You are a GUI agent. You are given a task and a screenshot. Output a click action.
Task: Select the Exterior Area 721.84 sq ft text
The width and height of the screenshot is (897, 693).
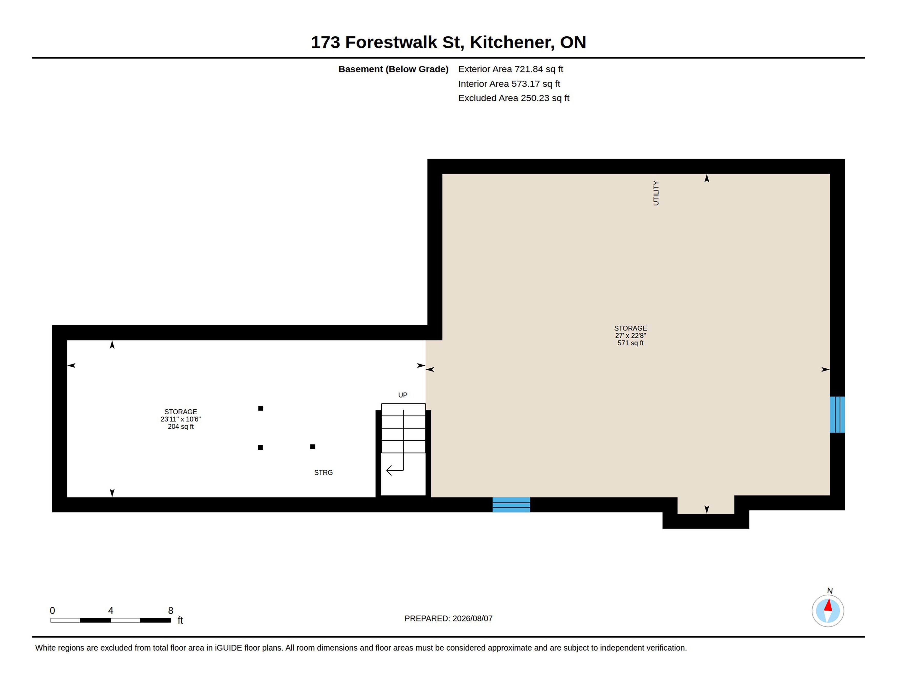point(511,69)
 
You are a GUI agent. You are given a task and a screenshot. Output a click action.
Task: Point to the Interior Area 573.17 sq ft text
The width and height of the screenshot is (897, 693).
point(509,84)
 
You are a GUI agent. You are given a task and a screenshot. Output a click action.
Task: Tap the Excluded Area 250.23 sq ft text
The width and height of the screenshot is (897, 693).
point(514,98)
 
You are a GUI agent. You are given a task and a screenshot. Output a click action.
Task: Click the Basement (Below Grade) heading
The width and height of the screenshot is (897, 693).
point(393,69)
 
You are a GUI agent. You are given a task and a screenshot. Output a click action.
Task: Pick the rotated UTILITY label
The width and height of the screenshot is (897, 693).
point(656,193)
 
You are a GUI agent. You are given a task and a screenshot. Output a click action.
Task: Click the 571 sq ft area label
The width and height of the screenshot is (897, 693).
point(630,343)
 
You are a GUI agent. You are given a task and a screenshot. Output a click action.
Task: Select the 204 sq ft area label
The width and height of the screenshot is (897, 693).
point(181,427)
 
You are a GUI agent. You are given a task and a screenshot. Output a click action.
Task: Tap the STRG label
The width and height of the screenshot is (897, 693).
point(323,472)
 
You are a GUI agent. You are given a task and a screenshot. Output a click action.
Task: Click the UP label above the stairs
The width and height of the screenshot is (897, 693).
point(403,395)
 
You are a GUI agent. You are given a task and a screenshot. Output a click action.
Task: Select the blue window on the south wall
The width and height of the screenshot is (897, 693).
point(511,504)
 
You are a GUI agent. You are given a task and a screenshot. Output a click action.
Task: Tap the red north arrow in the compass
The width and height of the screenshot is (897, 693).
point(828,605)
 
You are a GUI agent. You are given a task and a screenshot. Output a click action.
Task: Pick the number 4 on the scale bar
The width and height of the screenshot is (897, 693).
point(110,611)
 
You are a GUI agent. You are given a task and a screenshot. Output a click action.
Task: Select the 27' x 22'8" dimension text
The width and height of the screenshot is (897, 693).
point(630,335)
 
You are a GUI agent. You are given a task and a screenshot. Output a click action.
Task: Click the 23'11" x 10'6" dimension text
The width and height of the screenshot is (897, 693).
point(181,419)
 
